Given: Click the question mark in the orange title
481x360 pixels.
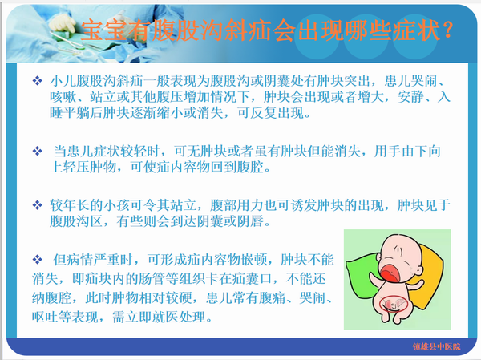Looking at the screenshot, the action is (x=448, y=30).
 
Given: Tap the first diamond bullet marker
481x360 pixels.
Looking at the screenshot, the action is (x=38, y=81).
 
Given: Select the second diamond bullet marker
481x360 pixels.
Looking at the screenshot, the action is (x=38, y=151).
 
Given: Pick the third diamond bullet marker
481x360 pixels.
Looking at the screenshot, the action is (x=38, y=205).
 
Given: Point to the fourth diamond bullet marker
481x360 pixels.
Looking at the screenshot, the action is (x=38, y=260).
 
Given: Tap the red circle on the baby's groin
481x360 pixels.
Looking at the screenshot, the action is (x=394, y=304).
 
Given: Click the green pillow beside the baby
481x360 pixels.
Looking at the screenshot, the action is (x=362, y=277).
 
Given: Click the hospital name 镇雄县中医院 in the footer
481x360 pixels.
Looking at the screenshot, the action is (x=436, y=346).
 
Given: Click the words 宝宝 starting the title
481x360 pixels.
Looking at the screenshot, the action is (x=103, y=30).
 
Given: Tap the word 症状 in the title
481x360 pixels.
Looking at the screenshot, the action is (x=416, y=30).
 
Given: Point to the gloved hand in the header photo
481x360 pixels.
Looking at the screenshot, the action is (x=63, y=22).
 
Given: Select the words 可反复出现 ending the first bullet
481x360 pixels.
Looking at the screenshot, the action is (x=271, y=113).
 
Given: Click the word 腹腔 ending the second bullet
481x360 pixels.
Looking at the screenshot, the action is (x=250, y=168).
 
